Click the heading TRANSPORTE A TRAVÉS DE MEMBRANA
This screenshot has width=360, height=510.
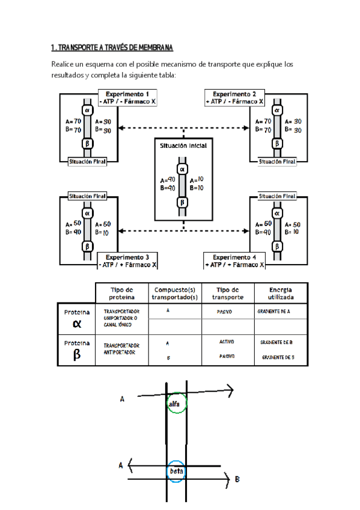coord(112,48)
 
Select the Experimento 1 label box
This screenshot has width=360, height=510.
coord(127,97)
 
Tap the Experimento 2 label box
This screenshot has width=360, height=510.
coord(234,97)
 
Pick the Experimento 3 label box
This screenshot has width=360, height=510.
coord(127,260)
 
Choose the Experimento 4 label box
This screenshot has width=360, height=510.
coord(234,260)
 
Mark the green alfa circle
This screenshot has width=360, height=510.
coord(177,404)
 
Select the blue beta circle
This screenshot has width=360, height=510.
coord(177,472)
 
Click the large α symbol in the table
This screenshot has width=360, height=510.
coord(76,324)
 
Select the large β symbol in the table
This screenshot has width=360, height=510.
coord(76,354)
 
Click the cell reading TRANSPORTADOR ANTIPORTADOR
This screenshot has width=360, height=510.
coord(121,349)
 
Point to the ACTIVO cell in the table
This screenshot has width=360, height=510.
coord(227,342)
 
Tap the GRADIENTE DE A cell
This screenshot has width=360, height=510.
coord(274,312)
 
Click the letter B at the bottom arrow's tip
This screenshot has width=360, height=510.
coord(237,479)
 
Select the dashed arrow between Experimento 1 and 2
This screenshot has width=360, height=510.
coord(184,127)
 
